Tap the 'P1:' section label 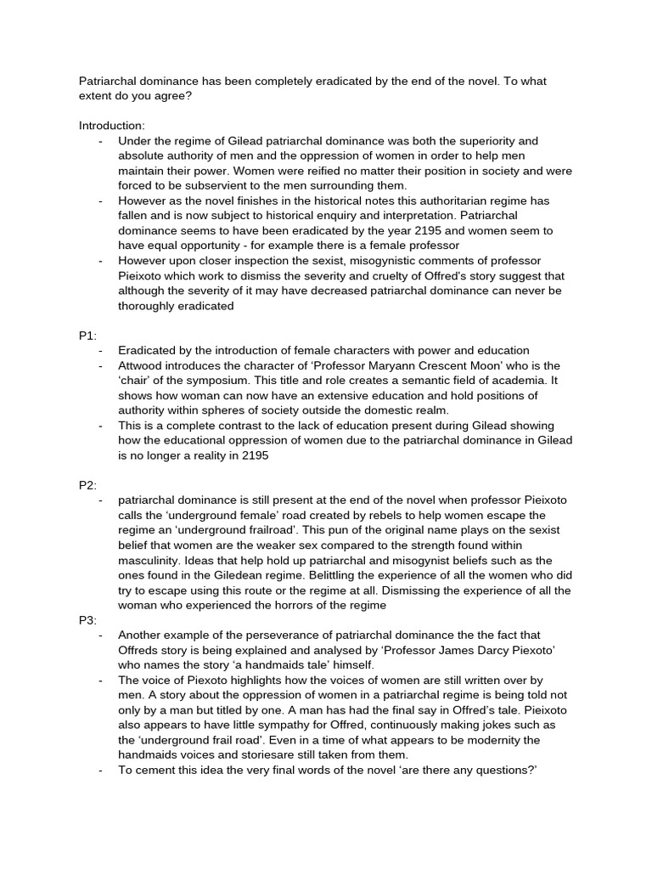point(88,336)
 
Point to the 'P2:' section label point(88,485)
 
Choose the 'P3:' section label point(88,620)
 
